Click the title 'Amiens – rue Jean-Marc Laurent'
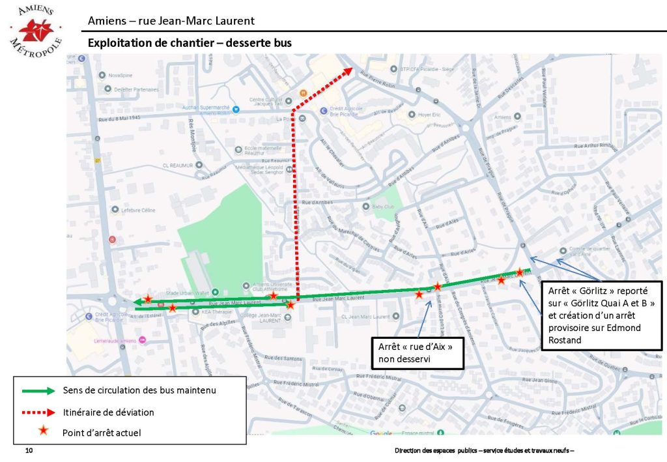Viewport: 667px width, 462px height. tap(171, 21)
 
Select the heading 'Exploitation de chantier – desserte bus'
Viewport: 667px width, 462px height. tap(190, 42)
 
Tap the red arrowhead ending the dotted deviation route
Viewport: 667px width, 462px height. tap(348, 70)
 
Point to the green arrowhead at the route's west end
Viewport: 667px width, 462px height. tap(138, 302)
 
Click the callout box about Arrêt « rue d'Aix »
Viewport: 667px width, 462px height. tap(416, 352)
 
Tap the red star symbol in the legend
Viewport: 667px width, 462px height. tap(43, 431)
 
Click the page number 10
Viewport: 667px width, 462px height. tap(29, 451)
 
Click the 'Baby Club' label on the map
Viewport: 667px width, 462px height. tap(384, 207)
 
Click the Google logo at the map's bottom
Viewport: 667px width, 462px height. tap(382, 433)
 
